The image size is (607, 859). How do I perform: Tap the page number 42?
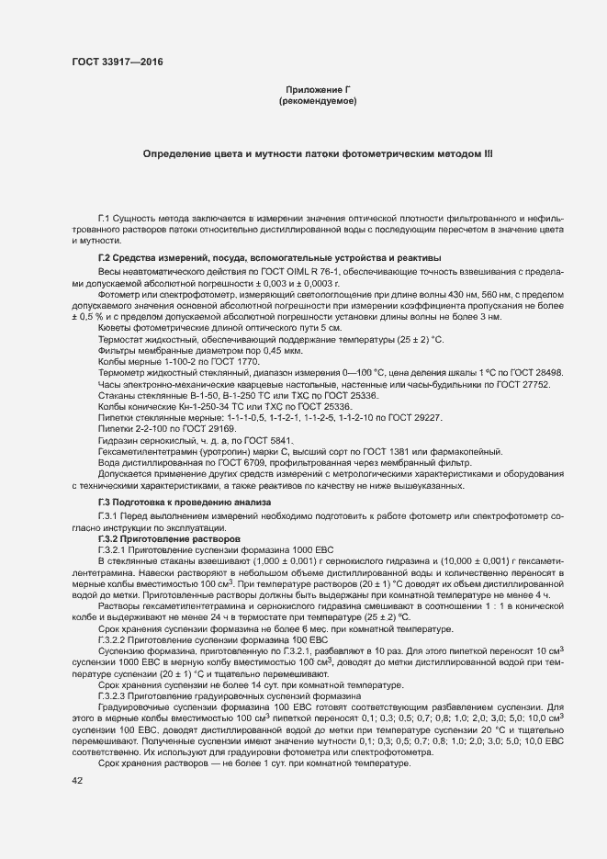coord(76,780)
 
